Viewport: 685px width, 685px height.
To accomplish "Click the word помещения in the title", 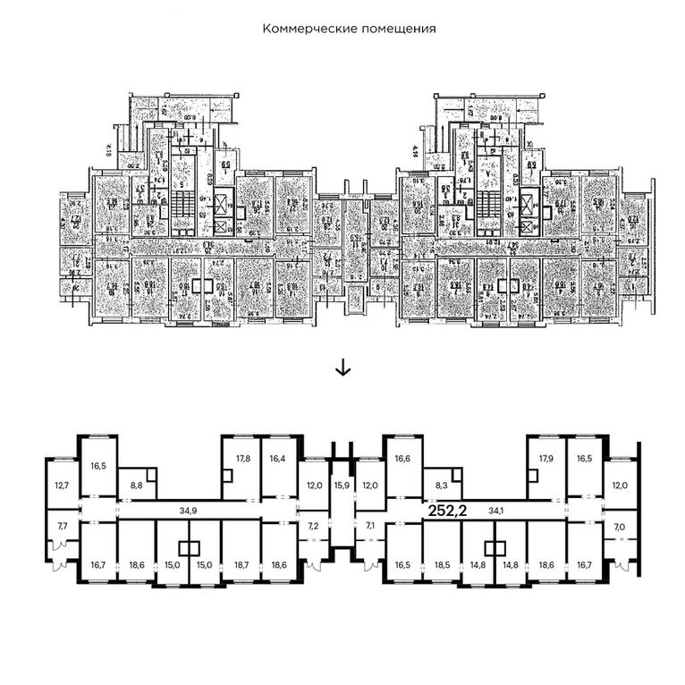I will pos(394,29).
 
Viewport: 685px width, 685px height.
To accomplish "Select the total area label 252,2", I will pos(451,512).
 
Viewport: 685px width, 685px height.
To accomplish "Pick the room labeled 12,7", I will pos(62,486).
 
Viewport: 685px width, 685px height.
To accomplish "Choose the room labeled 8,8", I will pos(137,486).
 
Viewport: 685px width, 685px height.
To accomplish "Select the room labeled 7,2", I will pos(312,526).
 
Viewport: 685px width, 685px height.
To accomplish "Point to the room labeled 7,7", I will pos(62,526).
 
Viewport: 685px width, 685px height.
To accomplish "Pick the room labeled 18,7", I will pos(243,565).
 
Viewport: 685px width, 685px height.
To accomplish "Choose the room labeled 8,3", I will pos(441,486).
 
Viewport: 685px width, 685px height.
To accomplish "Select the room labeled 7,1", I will pos(371,526).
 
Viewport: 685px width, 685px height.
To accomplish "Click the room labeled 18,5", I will pos(441,565).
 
